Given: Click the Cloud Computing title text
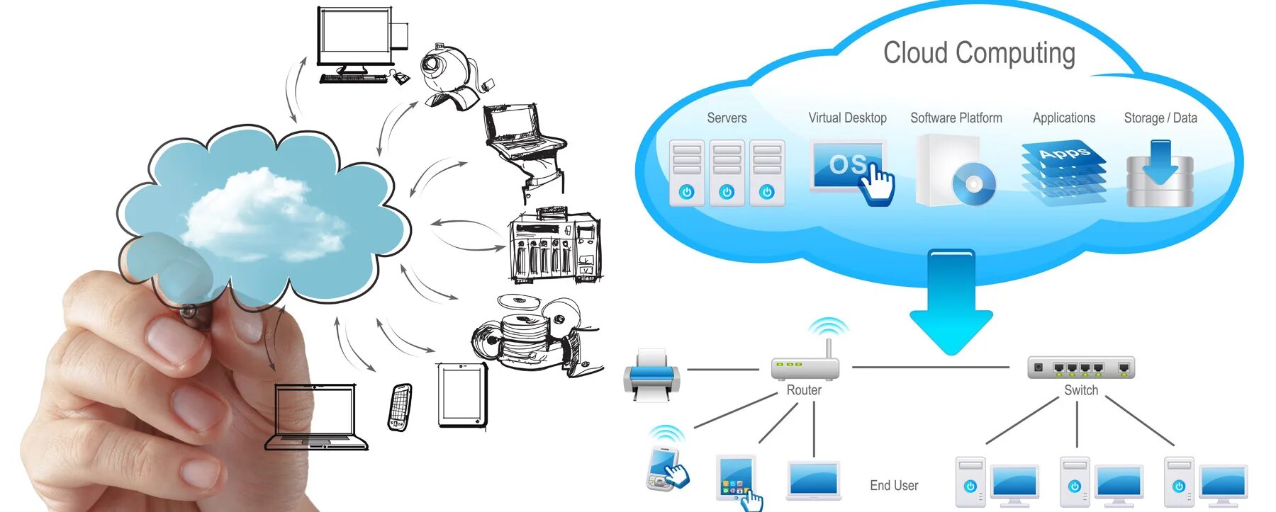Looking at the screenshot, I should tap(978, 53).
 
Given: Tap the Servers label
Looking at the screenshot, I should tap(727, 118).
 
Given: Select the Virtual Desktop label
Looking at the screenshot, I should tap(847, 118).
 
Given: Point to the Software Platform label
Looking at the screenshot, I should tap(956, 118).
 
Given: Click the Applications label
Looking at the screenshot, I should tap(1063, 118).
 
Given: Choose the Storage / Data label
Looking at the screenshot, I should tap(1160, 118).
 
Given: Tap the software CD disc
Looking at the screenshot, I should tap(973, 184).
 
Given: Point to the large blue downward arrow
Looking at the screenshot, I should tap(951, 301).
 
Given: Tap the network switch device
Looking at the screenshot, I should tap(1080, 368).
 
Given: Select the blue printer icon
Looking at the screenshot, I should tap(651, 374).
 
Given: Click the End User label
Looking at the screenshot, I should tap(893, 485).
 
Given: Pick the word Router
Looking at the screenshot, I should tap(804, 390).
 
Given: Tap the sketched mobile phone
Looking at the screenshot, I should tap(400, 407).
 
